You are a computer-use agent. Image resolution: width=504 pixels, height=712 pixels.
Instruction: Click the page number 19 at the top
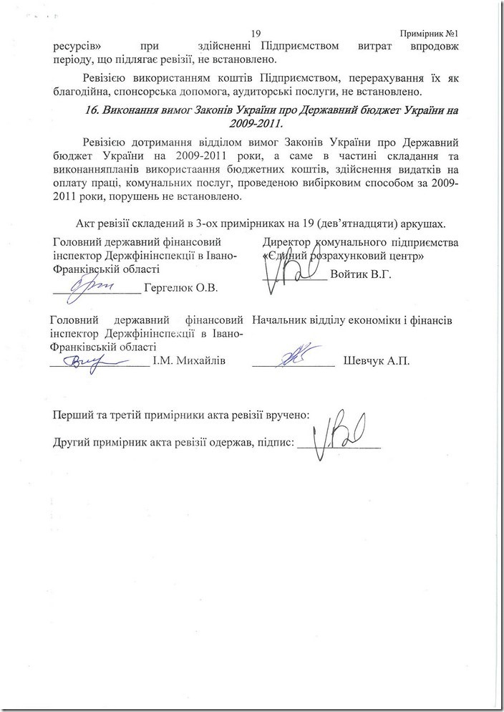258,34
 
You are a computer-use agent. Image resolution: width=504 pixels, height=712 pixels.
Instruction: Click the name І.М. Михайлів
189,360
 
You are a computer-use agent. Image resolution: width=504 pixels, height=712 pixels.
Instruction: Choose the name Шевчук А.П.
377,360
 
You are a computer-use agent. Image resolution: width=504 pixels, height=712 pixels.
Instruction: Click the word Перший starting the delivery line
74,415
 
